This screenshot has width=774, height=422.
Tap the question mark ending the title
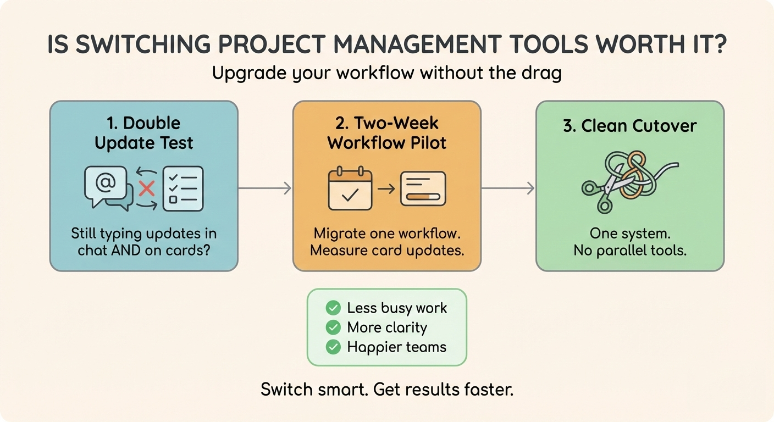[719, 43]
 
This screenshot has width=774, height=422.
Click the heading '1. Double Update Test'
[143, 133]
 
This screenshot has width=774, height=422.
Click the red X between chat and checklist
[147, 189]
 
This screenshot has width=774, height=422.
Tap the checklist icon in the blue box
[183, 188]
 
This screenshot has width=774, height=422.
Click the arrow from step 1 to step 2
[264, 188]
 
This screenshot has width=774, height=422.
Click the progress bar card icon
[423, 188]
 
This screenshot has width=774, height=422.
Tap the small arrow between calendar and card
[386, 189]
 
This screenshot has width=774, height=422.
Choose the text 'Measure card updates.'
[387, 251]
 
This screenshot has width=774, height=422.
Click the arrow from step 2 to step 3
[508, 188]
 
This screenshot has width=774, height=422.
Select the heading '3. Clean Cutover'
[630, 126]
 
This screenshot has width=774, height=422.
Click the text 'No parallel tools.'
[630, 251]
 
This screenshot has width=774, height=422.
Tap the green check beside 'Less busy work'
[333, 308]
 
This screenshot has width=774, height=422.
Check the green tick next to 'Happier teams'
[333, 347]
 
